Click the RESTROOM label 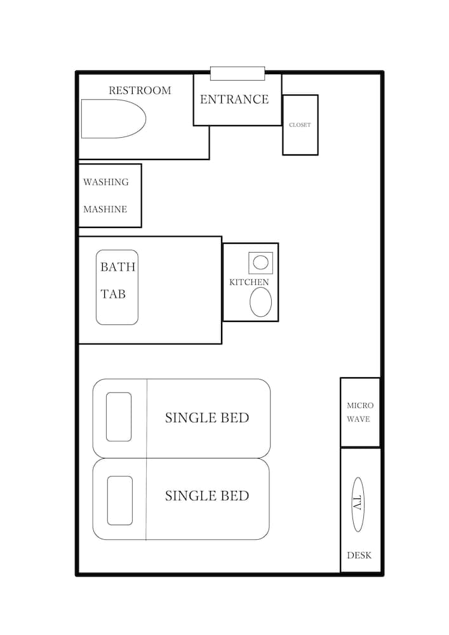point(140,90)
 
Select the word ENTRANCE point(234,99)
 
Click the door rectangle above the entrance point(238,73)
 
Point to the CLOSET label point(300,125)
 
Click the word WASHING point(105,182)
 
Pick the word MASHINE point(105,210)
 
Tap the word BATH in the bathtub point(118,267)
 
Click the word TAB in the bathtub point(113,294)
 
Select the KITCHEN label point(249,283)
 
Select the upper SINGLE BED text point(207,418)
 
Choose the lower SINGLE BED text point(207,496)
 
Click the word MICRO point(360,405)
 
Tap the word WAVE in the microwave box point(358,419)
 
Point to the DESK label point(359,555)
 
